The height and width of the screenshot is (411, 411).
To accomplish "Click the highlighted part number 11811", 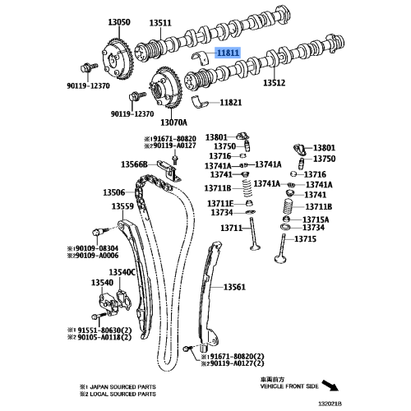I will point(227,52).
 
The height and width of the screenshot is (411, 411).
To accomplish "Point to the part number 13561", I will point(234,287).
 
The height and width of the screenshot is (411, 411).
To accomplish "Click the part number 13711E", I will point(219,202).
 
